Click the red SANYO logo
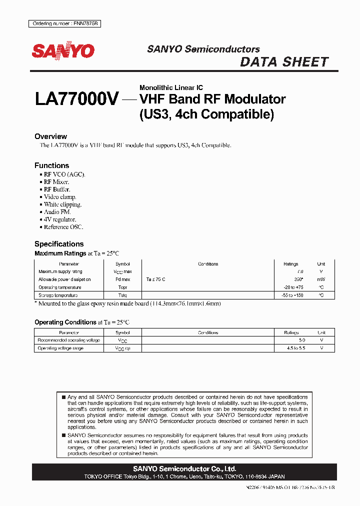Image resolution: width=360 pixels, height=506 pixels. coord(63,51)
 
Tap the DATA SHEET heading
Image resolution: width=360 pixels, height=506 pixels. coord(284,62)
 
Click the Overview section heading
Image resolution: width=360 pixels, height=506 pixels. coord(50,136)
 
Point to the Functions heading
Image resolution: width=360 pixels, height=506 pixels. coord(51,165)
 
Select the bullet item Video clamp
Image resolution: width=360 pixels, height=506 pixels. coord(59,197)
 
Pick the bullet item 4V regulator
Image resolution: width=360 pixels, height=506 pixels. coord(59,219)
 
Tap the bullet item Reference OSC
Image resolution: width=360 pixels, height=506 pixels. coord(63,227)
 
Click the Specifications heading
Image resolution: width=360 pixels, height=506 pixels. coord(59,244)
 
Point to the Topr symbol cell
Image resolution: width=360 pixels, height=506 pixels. coord(122,287)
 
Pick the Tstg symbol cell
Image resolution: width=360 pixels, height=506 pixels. coord(122,295)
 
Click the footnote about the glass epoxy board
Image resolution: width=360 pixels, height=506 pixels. coord(127,303)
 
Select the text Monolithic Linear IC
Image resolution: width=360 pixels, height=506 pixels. coord(171,87)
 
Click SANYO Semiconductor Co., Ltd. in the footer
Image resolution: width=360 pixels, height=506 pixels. coord(184,469)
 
